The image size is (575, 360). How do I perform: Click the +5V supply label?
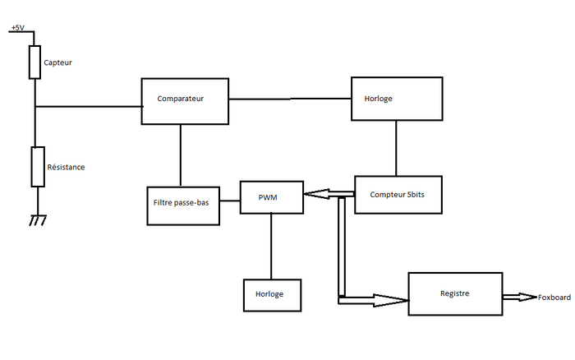(x=17, y=28)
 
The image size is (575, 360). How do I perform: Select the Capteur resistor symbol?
(x=34, y=62)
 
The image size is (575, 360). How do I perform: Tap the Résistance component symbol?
(x=36, y=167)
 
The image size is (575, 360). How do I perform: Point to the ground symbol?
(x=35, y=220)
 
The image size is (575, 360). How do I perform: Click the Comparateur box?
(x=186, y=101)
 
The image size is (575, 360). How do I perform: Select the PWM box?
(x=271, y=197)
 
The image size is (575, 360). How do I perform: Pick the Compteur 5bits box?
(x=400, y=195)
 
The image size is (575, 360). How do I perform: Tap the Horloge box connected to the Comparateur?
(x=398, y=99)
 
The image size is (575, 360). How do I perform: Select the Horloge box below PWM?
(x=271, y=295)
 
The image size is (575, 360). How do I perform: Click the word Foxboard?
(x=554, y=297)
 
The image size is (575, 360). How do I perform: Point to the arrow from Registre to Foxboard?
(x=518, y=297)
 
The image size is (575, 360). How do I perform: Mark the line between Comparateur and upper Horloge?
(x=290, y=99)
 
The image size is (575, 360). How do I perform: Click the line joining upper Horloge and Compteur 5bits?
(x=397, y=149)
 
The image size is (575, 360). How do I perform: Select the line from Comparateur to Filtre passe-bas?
(x=181, y=155)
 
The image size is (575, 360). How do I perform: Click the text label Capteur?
(x=58, y=62)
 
